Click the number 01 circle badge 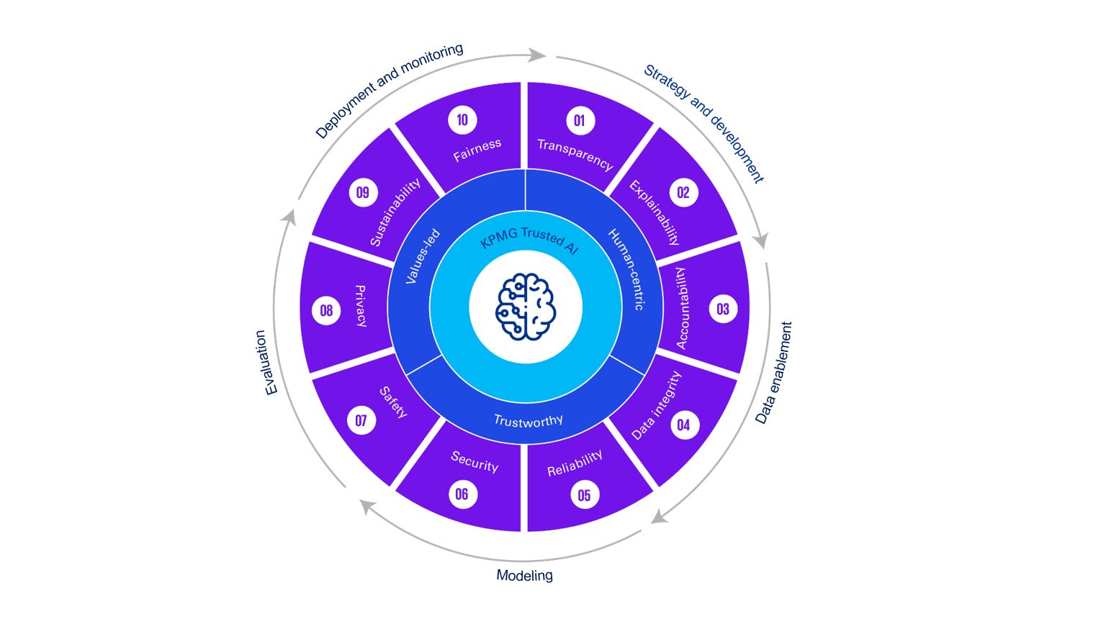[580, 120]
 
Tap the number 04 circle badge [683, 425]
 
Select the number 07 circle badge [361, 420]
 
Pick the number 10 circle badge [462, 119]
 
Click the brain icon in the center [526, 307]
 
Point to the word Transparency [575, 154]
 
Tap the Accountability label [681, 308]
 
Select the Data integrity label [656, 405]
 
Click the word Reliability [575, 464]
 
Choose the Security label [475, 461]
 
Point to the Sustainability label [395, 212]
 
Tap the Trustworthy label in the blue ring [528, 421]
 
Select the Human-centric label [626, 269]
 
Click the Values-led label [423, 256]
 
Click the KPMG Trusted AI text [529, 240]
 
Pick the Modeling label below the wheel [524, 575]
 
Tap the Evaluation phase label [266, 362]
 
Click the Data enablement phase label [773, 373]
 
